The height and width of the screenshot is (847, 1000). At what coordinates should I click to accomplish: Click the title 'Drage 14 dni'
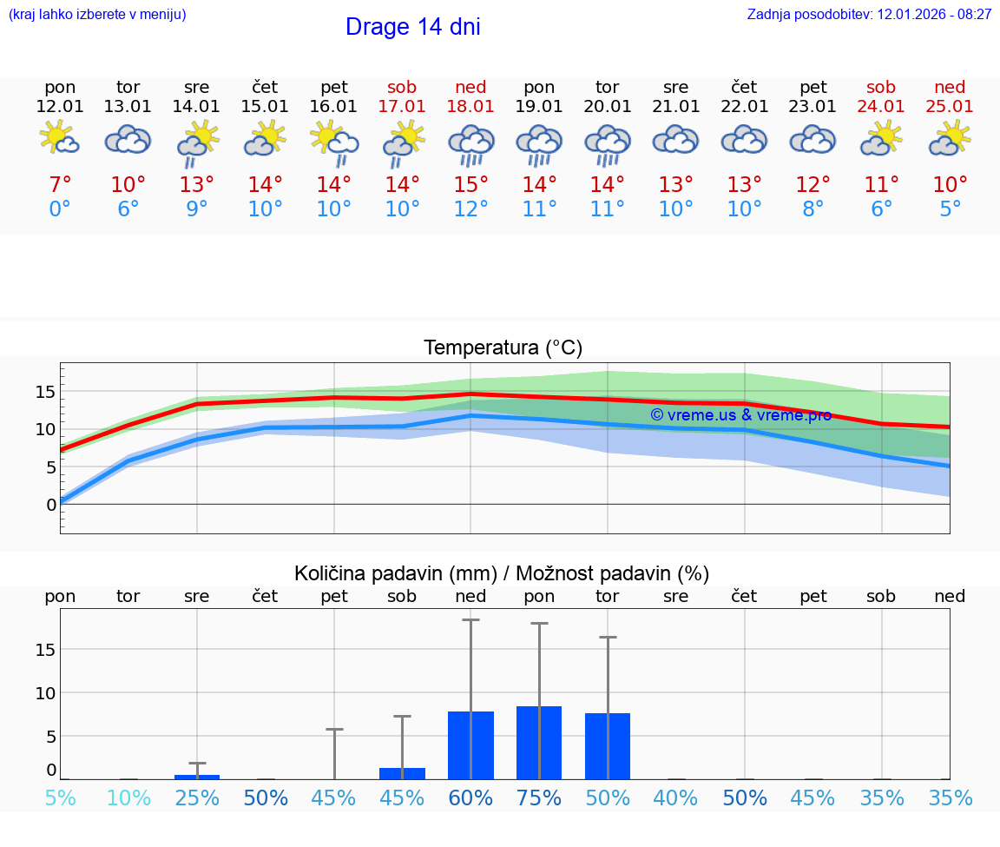(x=412, y=27)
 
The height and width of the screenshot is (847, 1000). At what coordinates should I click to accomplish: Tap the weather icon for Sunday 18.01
(x=470, y=143)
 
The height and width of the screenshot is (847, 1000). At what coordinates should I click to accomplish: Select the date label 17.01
(x=402, y=107)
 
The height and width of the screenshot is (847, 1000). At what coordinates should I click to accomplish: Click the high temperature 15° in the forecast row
(x=470, y=184)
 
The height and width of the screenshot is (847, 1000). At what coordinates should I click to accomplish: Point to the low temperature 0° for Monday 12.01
(x=60, y=208)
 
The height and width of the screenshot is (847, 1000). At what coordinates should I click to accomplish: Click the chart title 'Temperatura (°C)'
(x=503, y=348)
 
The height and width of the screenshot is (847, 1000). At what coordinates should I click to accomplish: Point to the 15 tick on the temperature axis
(x=45, y=392)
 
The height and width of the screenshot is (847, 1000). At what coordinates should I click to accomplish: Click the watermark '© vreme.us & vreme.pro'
(x=740, y=415)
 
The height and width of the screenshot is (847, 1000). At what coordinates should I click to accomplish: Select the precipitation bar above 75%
(x=539, y=743)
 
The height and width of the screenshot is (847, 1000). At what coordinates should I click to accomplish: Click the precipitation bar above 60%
(x=470, y=745)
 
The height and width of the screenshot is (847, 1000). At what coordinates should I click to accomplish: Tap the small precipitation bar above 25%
(x=197, y=777)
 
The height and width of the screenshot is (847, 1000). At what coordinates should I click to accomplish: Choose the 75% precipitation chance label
(x=539, y=798)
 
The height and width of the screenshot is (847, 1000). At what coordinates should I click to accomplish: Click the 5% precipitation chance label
(x=60, y=798)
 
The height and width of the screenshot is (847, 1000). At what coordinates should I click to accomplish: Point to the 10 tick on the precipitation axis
(x=45, y=692)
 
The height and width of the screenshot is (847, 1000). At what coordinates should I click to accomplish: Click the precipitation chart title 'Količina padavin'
(x=502, y=573)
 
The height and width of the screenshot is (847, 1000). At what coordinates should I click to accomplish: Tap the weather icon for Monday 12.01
(x=60, y=139)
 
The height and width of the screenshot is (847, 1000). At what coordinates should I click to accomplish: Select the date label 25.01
(x=950, y=107)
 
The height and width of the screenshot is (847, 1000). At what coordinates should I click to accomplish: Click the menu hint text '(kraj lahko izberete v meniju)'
(x=97, y=15)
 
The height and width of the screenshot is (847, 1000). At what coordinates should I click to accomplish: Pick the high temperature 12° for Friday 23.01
(x=813, y=184)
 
